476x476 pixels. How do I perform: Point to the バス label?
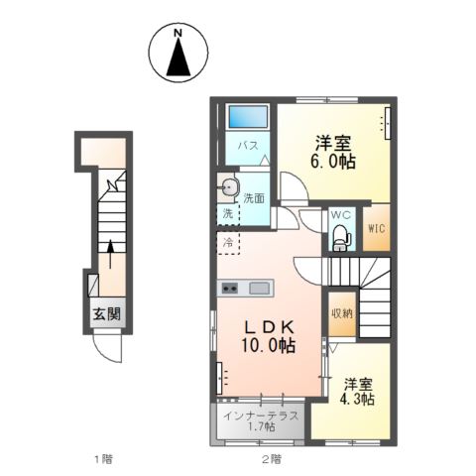(x=248, y=146)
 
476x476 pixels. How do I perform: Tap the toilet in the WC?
(x=340, y=236)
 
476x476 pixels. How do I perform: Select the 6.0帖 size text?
(x=331, y=162)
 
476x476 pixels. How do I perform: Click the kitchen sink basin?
(x=260, y=289)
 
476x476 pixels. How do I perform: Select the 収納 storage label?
(x=341, y=310)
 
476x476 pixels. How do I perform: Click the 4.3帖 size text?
(x=358, y=399)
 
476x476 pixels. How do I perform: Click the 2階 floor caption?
(x=270, y=458)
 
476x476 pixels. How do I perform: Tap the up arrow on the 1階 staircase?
(x=110, y=253)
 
